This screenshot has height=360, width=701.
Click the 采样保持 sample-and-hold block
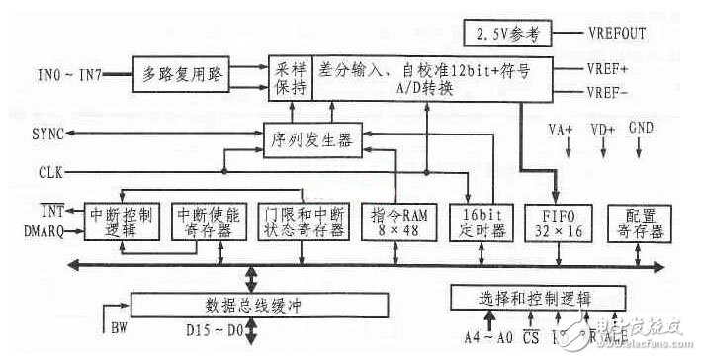click(x=291, y=74)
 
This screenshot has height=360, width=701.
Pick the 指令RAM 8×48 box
click(x=398, y=221)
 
